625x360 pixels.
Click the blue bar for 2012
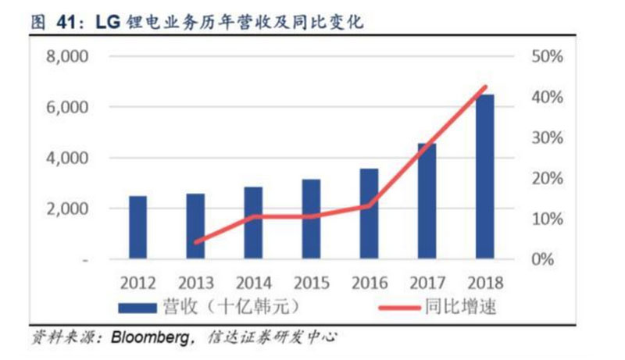pyautogui.click(x=137, y=227)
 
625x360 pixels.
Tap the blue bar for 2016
pyautogui.click(x=369, y=213)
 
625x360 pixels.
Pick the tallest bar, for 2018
pyautogui.click(x=484, y=176)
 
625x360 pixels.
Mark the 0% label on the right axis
pyautogui.click(x=542, y=259)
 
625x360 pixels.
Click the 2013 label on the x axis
pyautogui.click(x=195, y=282)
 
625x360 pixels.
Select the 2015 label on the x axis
pyautogui.click(x=311, y=282)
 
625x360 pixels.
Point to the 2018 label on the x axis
pyautogui.click(x=484, y=282)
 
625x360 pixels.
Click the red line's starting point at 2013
pyautogui.click(x=195, y=242)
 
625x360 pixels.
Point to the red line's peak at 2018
pyautogui.click(x=484, y=87)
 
